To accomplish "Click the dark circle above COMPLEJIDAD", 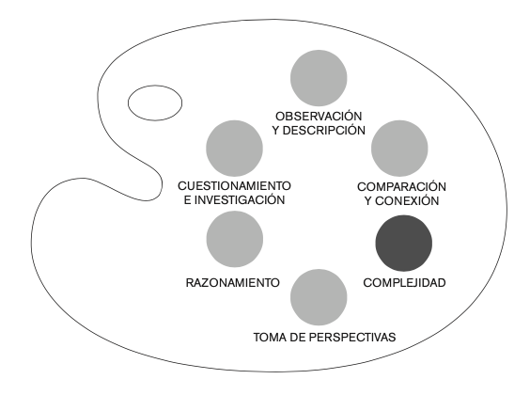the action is (403, 244).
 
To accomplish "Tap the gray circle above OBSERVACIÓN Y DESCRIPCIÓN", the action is (319, 78).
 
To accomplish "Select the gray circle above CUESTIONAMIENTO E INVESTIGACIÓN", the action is (234, 149).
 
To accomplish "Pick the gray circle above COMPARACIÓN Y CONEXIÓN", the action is (399, 149).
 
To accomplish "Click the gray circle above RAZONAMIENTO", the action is (235, 239).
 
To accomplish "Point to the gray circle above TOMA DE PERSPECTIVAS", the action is (319, 297).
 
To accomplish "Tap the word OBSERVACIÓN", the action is (319, 117).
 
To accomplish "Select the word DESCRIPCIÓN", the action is (324, 131).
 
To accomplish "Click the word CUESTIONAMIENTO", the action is (234, 186).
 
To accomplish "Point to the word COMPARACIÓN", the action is (401, 187).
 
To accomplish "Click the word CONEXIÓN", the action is (407, 201).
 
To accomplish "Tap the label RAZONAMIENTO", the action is (233, 283).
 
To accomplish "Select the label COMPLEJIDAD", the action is (405, 283).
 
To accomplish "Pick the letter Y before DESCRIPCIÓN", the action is (276, 131).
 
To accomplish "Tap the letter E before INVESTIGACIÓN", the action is (188, 200).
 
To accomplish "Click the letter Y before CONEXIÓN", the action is (368, 201).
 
